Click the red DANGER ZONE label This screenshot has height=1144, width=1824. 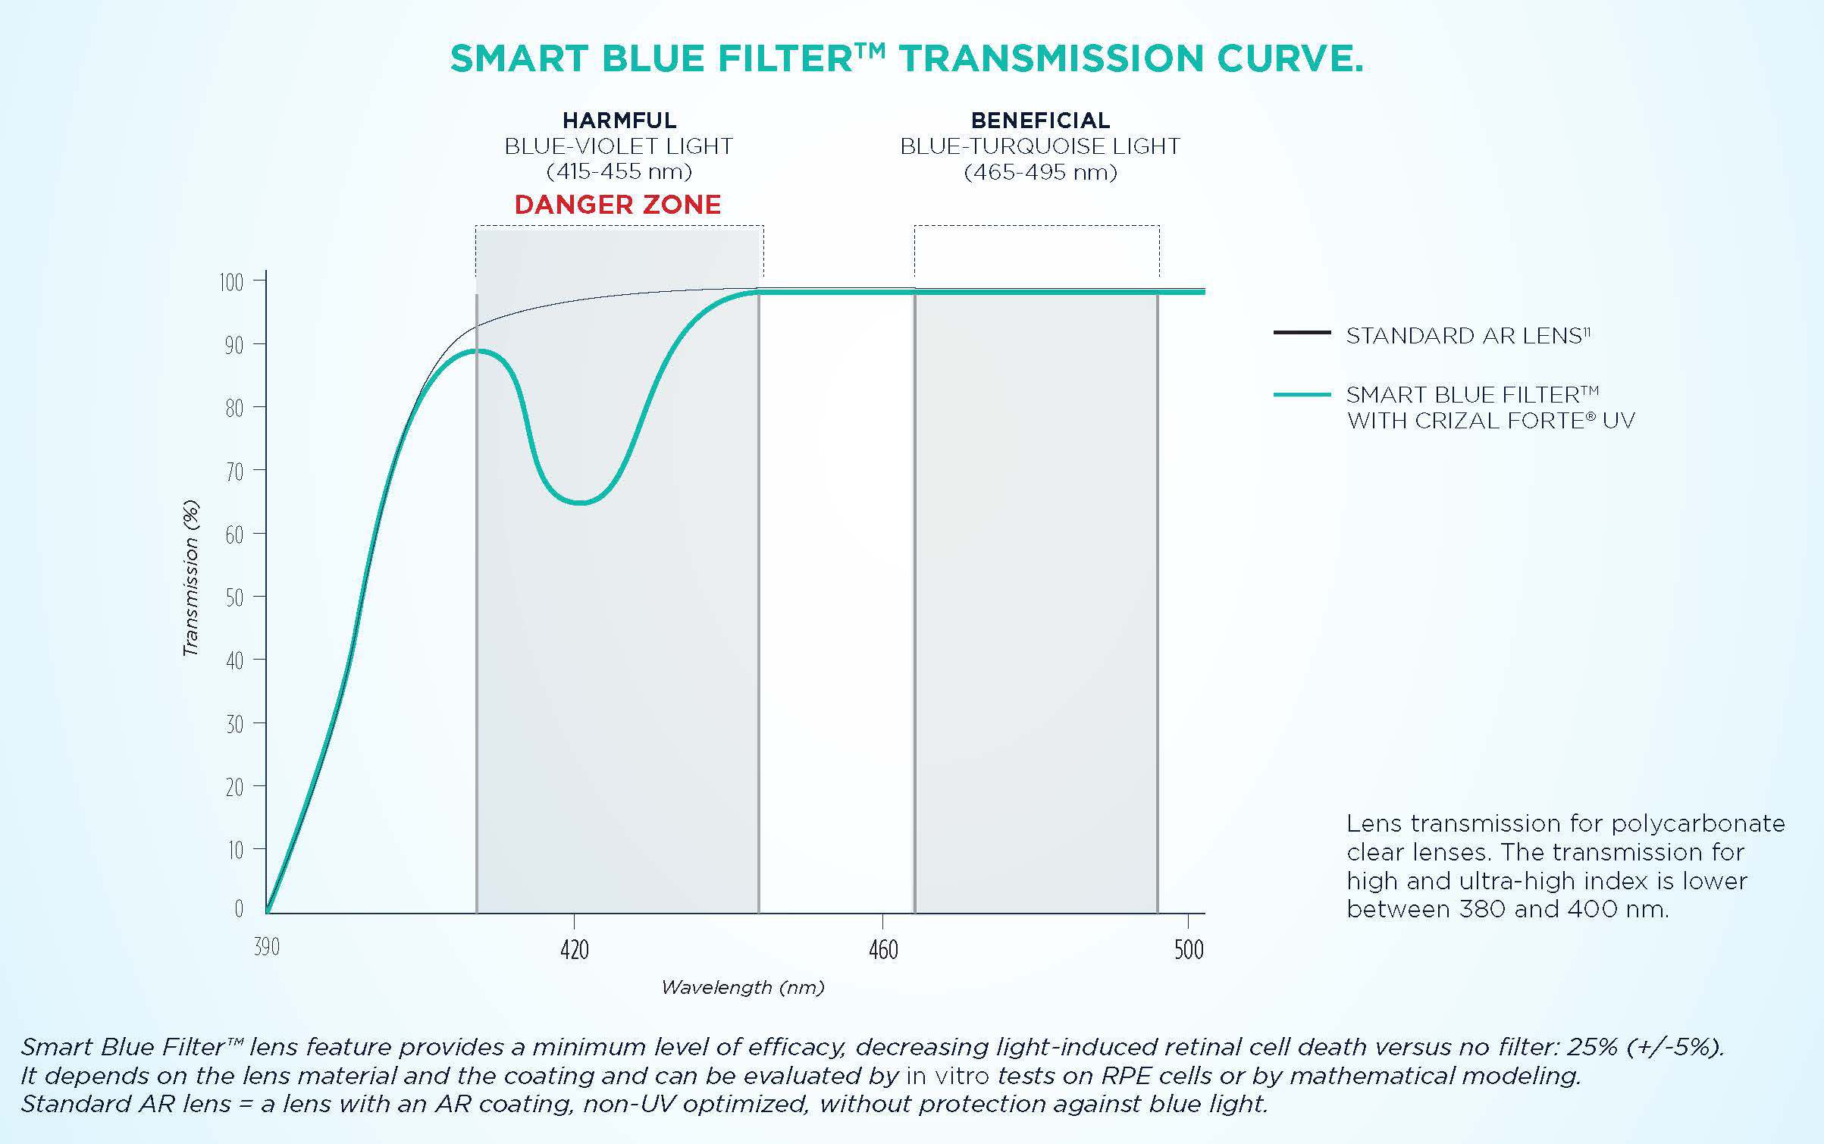(x=617, y=205)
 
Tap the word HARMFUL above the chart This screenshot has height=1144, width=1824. (x=619, y=121)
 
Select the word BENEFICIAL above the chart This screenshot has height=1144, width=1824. (x=1040, y=121)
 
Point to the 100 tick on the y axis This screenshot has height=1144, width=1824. (x=232, y=283)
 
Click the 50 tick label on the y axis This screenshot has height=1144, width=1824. (x=234, y=598)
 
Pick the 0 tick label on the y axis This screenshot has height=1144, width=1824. (x=239, y=908)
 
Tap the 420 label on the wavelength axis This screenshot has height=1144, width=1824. (x=575, y=950)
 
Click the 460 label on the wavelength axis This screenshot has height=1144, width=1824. (x=883, y=950)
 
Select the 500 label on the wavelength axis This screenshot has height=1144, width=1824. (x=1189, y=950)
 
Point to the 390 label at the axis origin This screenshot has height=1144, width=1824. (x=267, y=947)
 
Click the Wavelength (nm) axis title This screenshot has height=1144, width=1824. (x=742, y=987)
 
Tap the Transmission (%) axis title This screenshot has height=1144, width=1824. (x=191, y=578)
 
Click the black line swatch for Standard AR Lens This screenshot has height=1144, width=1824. (x=1302, y=333)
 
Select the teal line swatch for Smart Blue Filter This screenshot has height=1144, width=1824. (x=1302, y=395)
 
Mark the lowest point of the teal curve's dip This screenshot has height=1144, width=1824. (x=580, y=503)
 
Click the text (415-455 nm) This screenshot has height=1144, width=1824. (x=619, y=172)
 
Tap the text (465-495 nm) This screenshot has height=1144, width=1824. (x=1040, y=173)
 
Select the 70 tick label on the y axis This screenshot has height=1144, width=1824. (x=234, y=472)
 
